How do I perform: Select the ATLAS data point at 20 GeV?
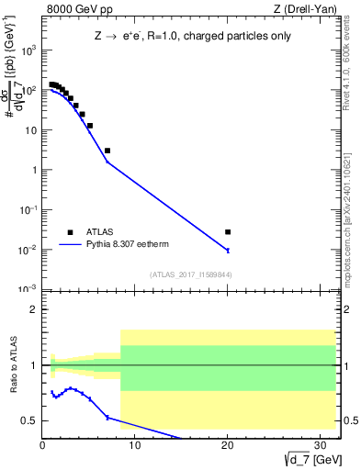(228, 232)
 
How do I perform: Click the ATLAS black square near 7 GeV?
(107, 151)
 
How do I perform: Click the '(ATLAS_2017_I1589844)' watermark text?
(190, 274)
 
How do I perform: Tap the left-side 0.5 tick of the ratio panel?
(30, 420)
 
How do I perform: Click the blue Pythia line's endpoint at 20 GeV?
(228, 250)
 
